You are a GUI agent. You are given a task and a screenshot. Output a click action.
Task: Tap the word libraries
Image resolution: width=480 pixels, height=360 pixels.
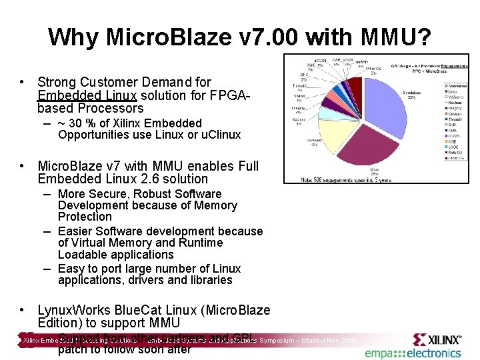point(207,280)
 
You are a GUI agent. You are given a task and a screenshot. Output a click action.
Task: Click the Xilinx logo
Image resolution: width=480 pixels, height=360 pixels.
point(437,339)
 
